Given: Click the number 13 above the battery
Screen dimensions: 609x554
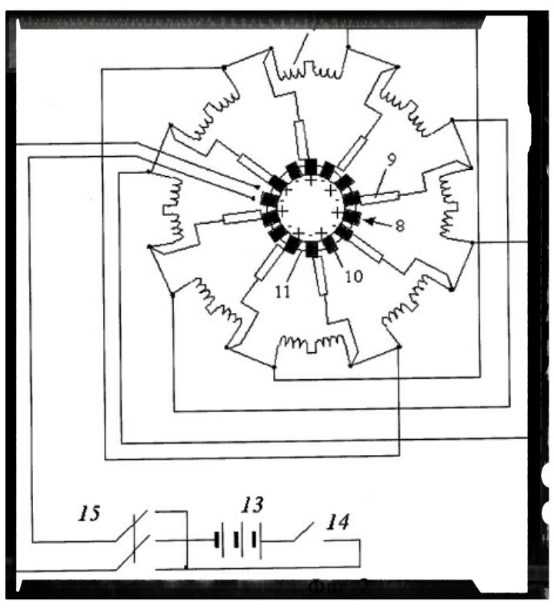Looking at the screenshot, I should (251, 506).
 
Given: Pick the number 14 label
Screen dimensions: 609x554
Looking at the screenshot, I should (337, 524).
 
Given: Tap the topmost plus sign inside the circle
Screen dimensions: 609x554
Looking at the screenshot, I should (311, 180).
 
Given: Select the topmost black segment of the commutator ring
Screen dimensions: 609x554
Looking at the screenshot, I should (311, 165).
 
